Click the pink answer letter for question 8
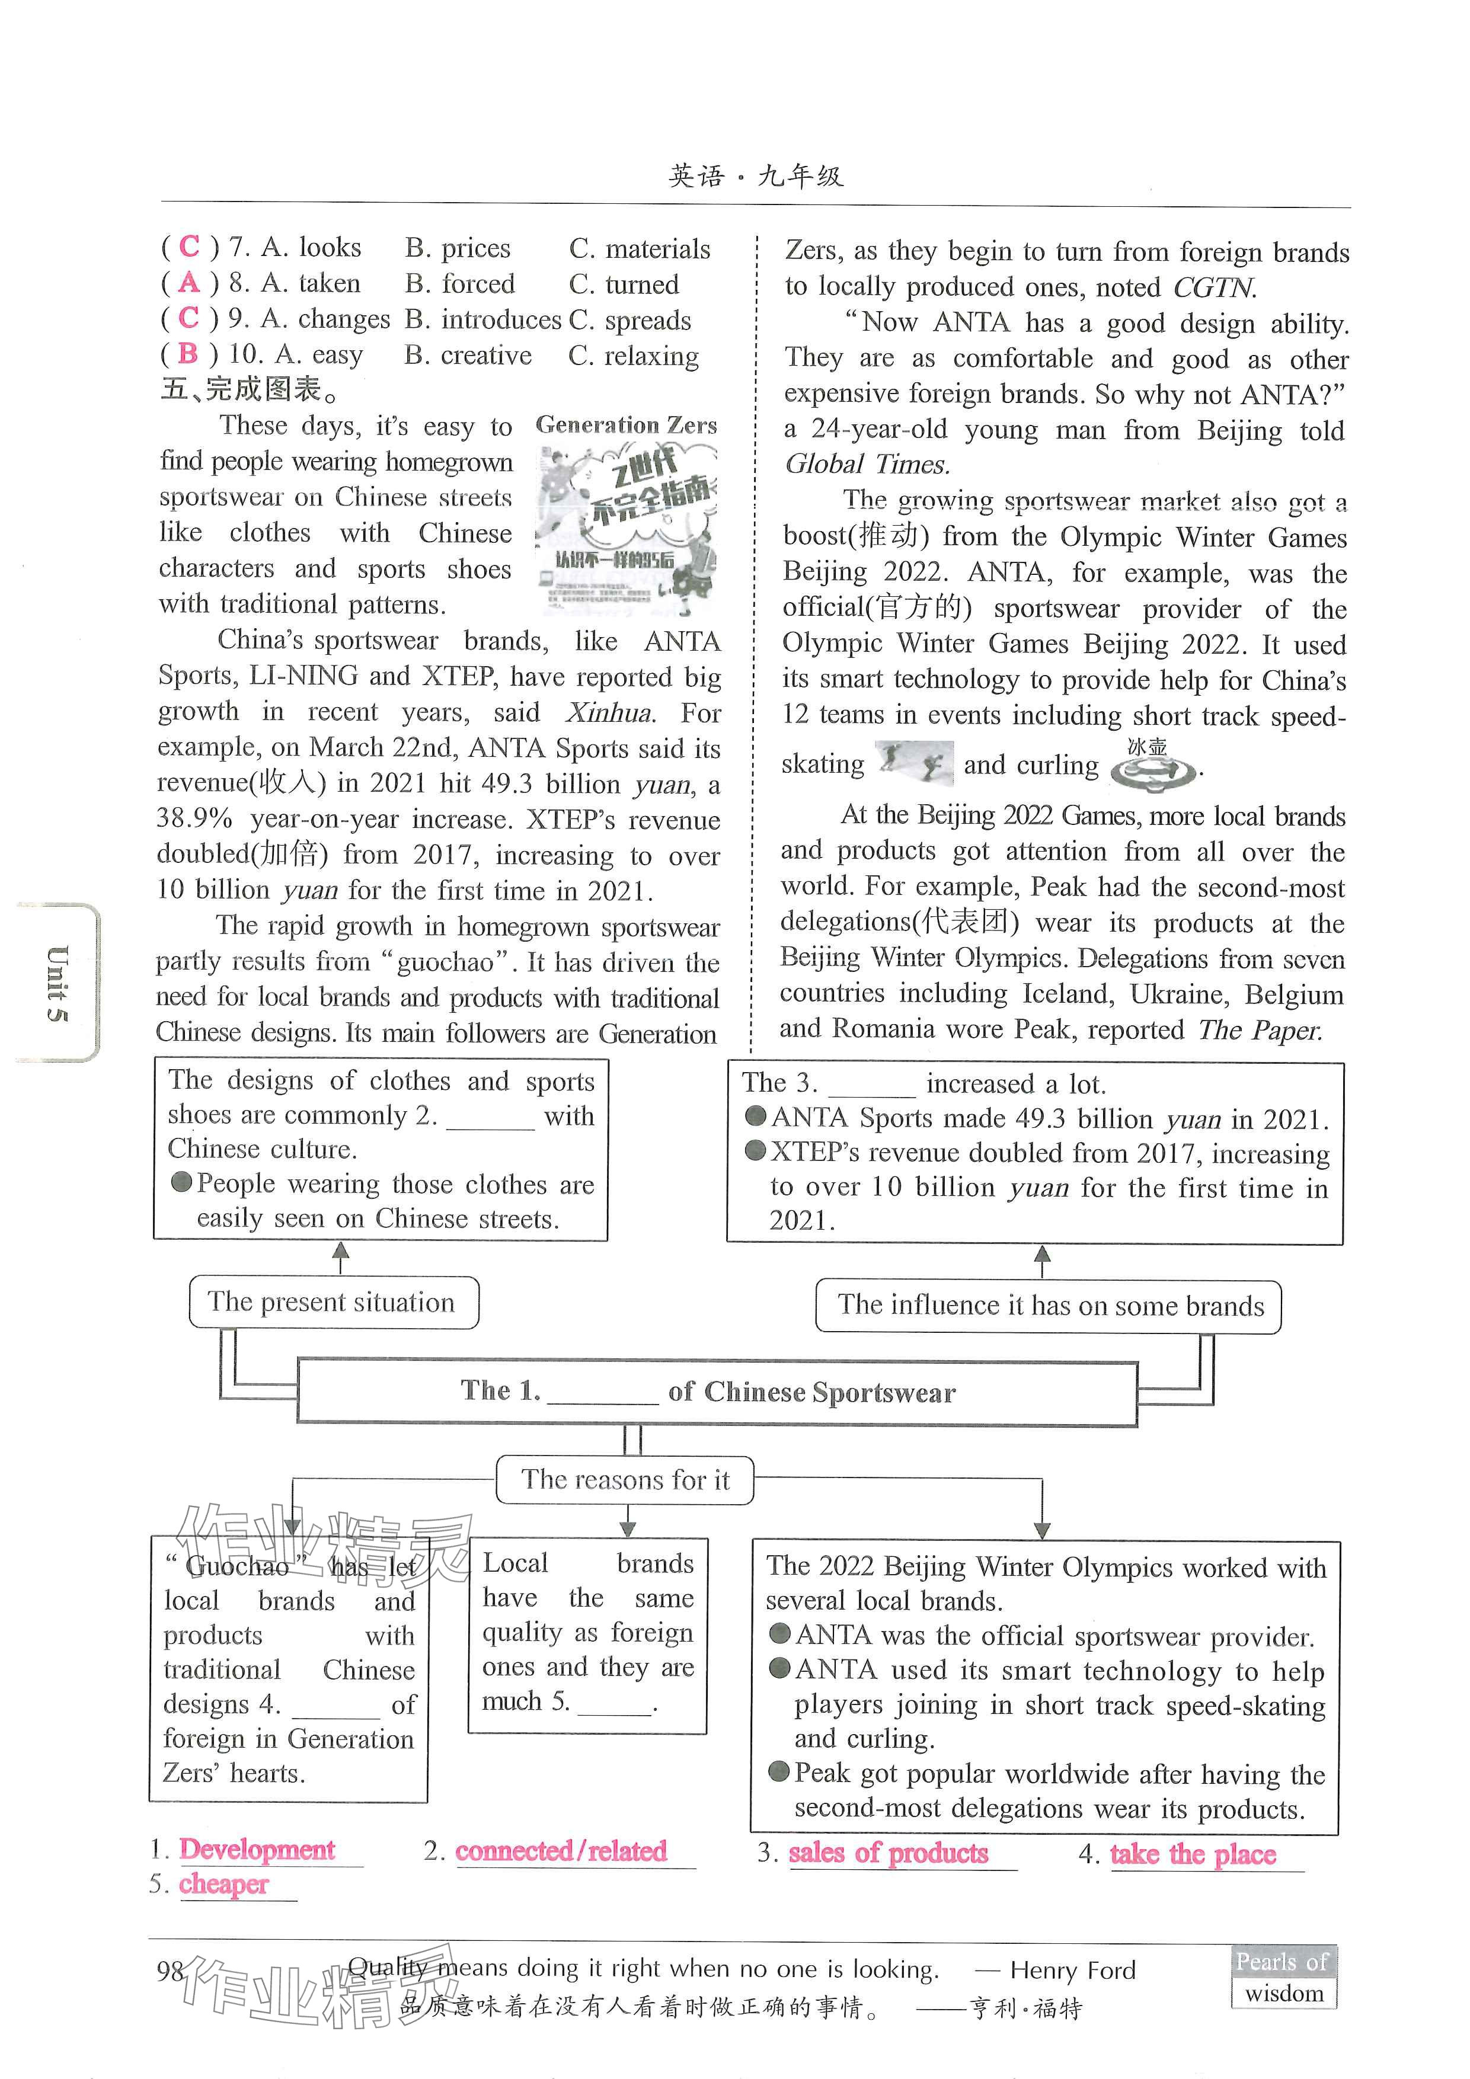pyautogui.click(x=189, y=283)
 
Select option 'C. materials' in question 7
pyautogui.click(x=640, y=248)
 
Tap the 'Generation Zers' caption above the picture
pyautogui.click(x=626, y=425)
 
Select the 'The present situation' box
pyautogui.click(x=333, y=1302)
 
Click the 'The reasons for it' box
pyautogui.click(x=625, y=1480)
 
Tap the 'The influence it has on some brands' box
pyautogui.click(x=1048, y=1306)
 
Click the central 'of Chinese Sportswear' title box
pyautogui.click(x=717, y=1392)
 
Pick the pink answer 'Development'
pyautogui.click(x=257, y=1849)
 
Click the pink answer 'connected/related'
pyautogui.click(x=561, y=1851)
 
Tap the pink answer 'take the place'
pyautogui.click(x=1192, y=1854)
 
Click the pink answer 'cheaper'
pyautogui.click(x=223, y=1885)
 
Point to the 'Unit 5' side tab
pyautogui.click(x=57, y=983)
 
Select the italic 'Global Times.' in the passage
pyautogui.click(x=867, y=465)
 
